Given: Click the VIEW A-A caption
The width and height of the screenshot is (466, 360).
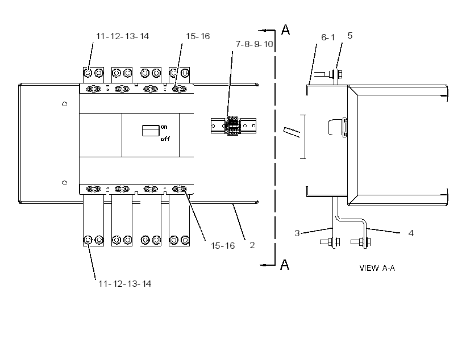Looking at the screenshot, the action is click(377, 268).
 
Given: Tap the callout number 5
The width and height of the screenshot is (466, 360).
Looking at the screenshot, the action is click(350, 36).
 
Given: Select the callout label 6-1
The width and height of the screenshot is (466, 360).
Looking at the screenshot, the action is click(328, 37).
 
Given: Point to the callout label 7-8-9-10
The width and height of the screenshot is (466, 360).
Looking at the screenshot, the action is click(254, 44).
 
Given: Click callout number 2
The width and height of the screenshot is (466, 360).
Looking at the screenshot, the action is click(252, 245).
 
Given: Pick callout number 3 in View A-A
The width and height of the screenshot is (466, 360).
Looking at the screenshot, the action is click(297, 233).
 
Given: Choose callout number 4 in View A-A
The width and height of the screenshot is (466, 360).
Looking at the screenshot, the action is click(411, 233).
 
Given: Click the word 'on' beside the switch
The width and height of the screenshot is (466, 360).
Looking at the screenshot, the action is click(164, 127).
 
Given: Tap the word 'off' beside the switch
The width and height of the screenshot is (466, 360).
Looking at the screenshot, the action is click(165, 139).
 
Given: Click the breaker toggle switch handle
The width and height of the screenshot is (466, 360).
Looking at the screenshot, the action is click(151, 131).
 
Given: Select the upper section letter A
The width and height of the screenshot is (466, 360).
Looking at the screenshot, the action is click(285, 30).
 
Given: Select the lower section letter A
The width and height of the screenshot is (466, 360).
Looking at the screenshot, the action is click(285, 265).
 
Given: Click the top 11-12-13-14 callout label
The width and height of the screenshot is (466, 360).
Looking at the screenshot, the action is click(122, 36).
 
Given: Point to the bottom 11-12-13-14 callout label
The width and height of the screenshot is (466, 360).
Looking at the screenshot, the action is click(125, 284).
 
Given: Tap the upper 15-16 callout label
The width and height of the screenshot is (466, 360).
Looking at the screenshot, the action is click(198, 36).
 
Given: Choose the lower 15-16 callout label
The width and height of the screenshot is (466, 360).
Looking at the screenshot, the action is click(223, 246).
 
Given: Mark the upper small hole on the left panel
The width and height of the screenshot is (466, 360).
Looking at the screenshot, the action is click(64, 104).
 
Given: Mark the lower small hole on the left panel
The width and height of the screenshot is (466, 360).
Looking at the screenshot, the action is click(64, 183).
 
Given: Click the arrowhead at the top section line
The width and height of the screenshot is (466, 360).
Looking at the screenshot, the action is click(261, 30).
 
